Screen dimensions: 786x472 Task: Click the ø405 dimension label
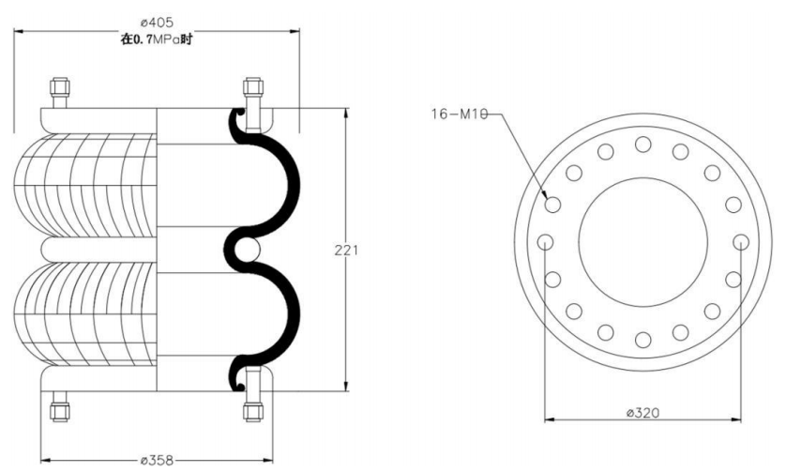(157, 23)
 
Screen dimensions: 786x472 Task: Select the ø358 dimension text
(157, 460)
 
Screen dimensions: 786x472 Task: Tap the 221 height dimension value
(346, 250)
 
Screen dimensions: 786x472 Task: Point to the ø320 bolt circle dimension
(643, 413)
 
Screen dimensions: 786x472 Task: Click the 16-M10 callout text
(460, 114)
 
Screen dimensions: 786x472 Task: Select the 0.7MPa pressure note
(157, 39)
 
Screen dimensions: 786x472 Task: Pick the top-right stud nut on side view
(252, 86)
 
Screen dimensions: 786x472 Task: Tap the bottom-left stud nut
(60, 411)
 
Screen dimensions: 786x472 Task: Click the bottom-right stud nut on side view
(252, 411)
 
